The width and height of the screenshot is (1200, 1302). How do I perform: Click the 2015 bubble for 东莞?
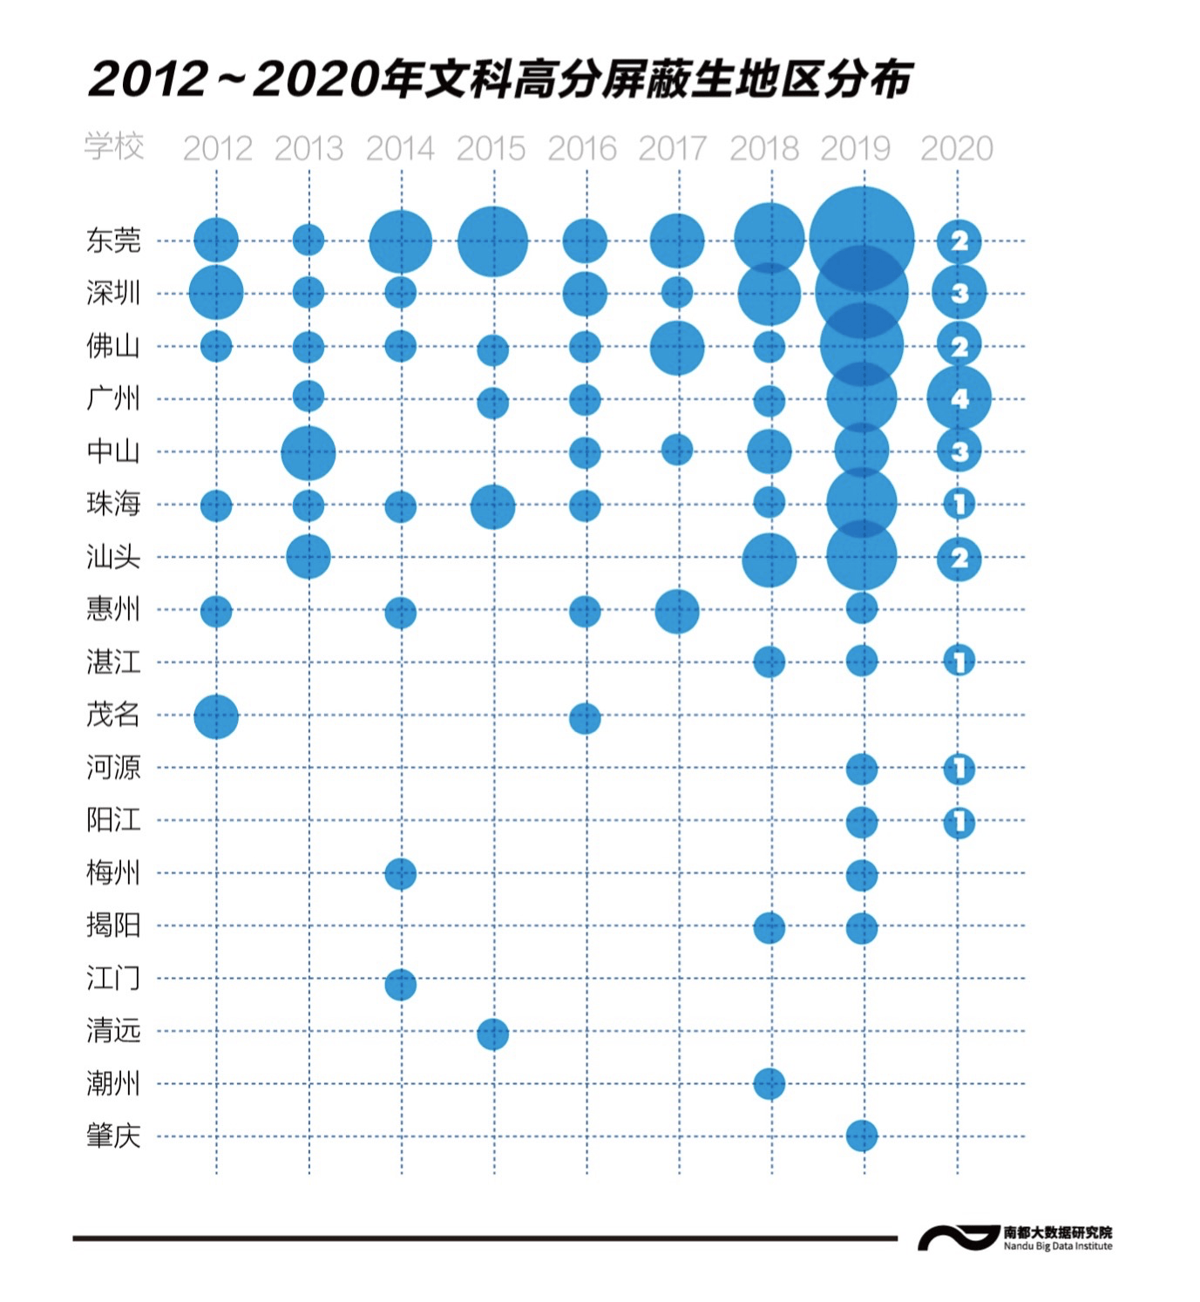[492, 241]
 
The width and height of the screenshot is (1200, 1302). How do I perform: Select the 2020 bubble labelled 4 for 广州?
[959, 398]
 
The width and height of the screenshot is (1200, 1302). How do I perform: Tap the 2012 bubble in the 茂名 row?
[216, 716]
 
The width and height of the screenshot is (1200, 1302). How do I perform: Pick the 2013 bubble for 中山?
[308, 453]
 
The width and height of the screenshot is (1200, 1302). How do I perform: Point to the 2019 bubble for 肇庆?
[861, 1136]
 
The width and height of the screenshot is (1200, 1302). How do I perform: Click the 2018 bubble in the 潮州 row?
[769, 1084]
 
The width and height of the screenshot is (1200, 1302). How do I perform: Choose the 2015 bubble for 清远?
[492, 1034]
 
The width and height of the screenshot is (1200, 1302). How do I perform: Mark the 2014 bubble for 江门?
[400, 985]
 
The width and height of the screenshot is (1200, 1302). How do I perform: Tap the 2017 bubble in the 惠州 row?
[676, 611]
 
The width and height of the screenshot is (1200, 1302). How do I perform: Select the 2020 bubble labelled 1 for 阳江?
[959, 822]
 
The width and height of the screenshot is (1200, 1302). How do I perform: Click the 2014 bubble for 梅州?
[400, 873]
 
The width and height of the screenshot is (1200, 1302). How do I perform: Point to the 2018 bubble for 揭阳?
[769, 928]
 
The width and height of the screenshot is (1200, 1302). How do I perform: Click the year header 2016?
[581, 148]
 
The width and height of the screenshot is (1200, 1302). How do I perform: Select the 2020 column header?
[956, 148]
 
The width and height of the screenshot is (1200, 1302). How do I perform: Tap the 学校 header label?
[114, 146]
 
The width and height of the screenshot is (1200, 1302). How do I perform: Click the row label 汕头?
[113, 556]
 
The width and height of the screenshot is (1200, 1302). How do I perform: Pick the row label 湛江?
[113, 661]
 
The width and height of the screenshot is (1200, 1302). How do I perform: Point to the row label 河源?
[113, 767]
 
